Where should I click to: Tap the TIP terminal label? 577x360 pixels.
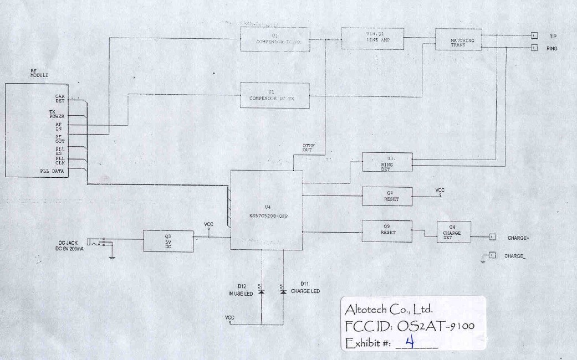(x=553, y=37)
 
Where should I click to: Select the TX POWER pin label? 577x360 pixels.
(x=57, y=114)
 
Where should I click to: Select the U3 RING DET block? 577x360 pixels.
(x=386, y=162)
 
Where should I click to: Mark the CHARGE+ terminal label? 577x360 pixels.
(x=518, y=238)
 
